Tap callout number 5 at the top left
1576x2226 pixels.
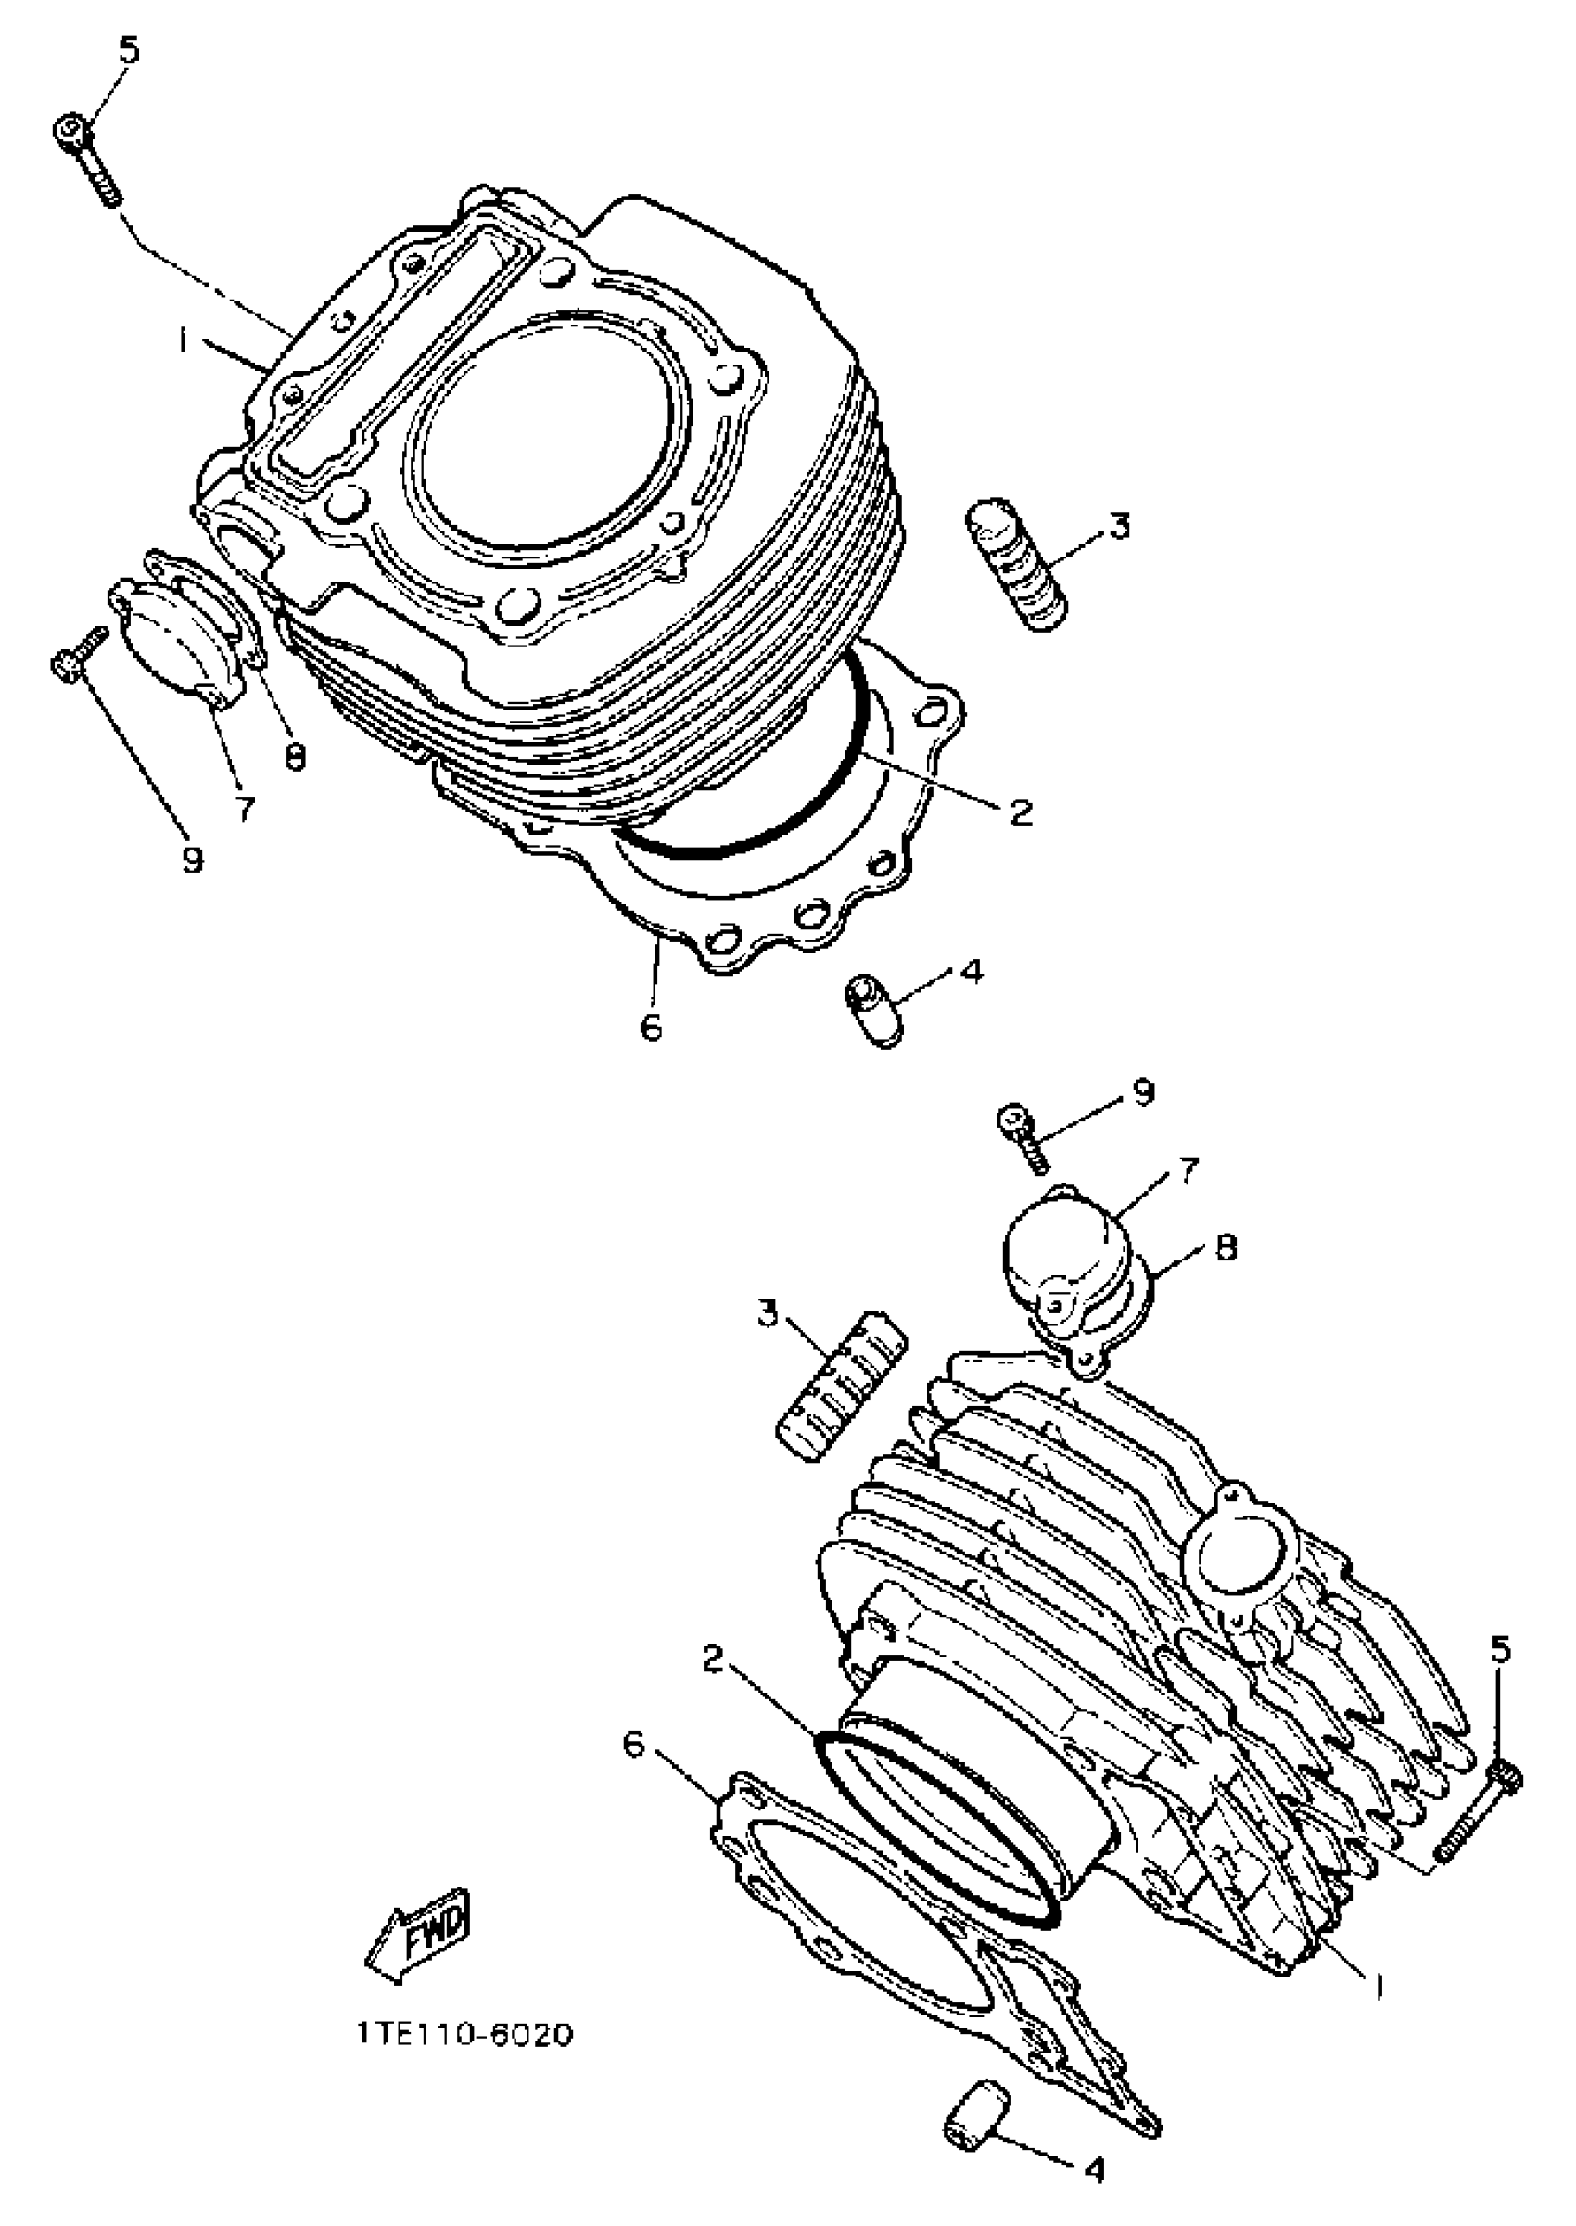point(128,50)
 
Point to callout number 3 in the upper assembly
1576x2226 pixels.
point(1119,526)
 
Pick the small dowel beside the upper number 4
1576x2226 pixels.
point(872,1010)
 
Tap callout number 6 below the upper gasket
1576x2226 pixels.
point(651,1025)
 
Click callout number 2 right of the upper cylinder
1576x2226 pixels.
point(1021,812)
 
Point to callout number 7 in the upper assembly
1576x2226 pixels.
point(245,808)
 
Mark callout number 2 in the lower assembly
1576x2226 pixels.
point(713,1660)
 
